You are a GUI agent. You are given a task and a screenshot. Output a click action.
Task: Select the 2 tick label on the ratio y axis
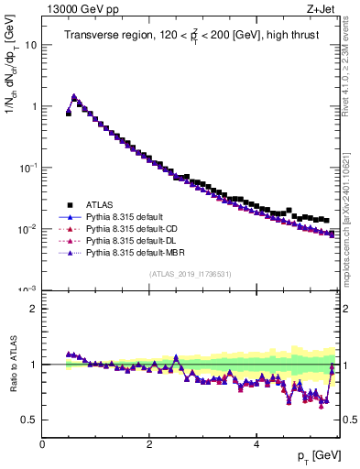tap(33, 309)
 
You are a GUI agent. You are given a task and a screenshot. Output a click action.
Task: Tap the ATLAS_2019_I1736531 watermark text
tap(189, 274)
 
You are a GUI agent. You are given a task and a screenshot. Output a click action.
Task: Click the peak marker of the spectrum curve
tap(74, 96)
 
